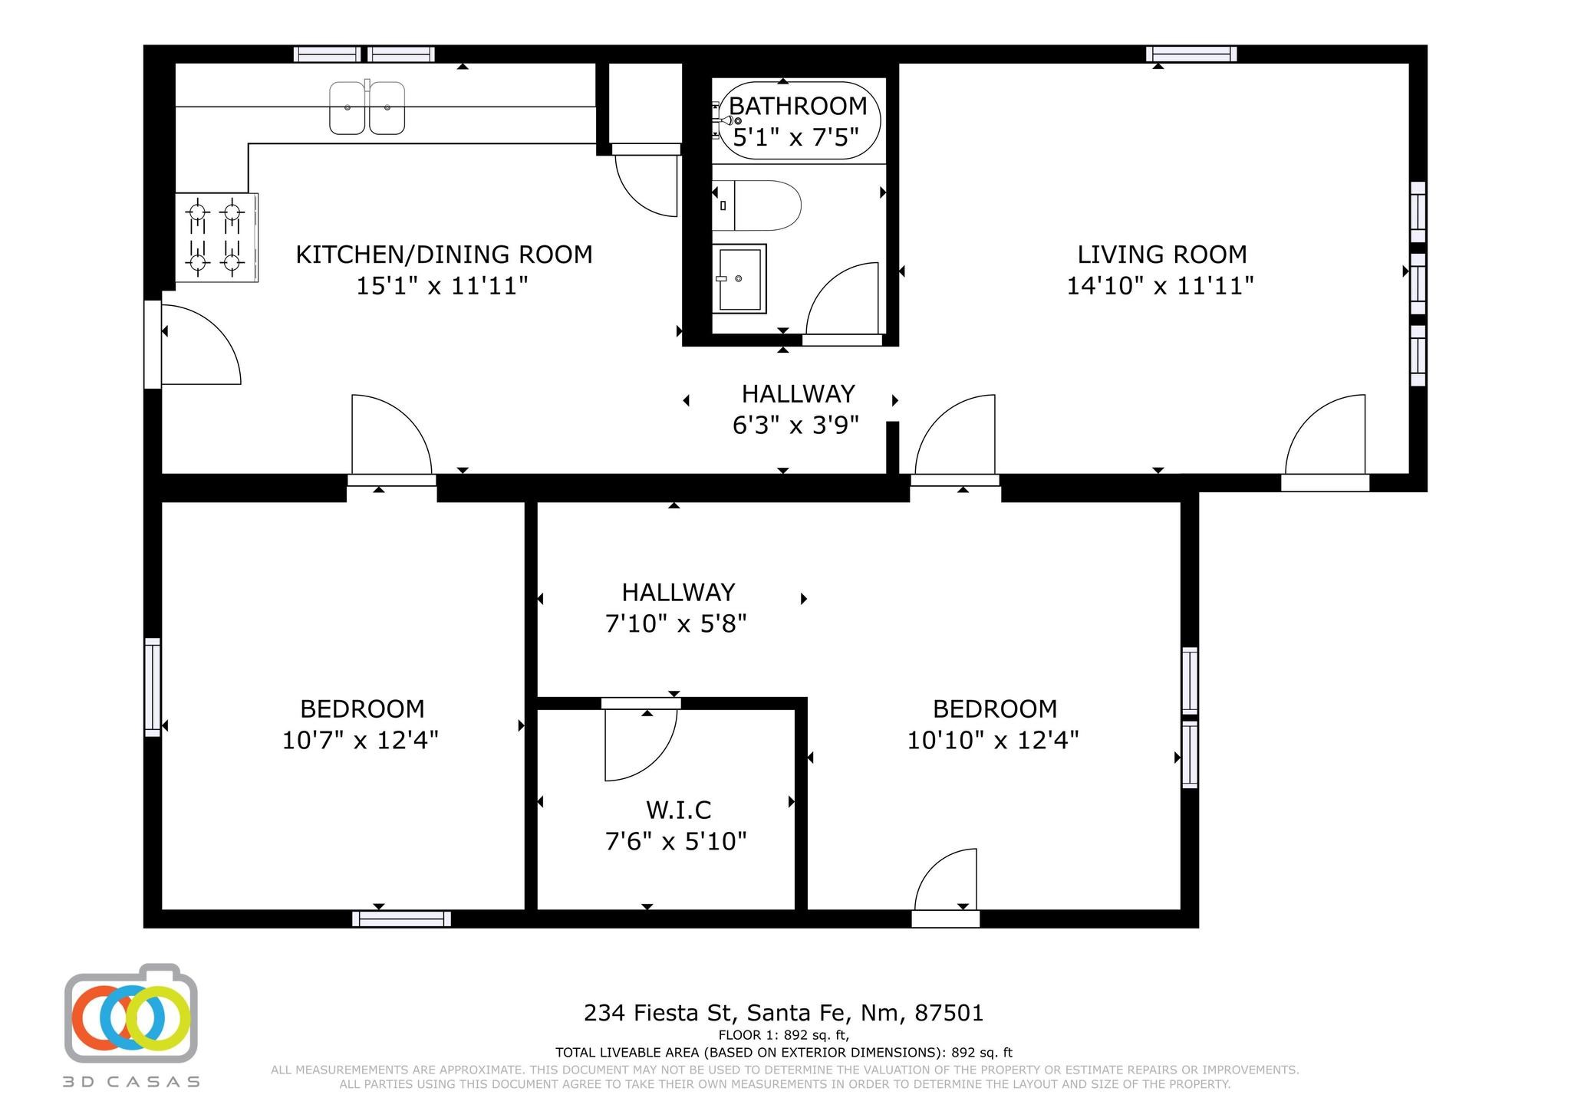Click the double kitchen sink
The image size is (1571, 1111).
367,107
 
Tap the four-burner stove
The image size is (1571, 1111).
216,237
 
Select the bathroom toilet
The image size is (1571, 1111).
756,205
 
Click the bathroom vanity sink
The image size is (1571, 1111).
739,278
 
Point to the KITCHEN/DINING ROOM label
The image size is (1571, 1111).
444,255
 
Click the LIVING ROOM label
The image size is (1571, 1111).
1162,255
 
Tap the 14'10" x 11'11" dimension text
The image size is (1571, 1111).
1160,286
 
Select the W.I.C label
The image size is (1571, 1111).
679,810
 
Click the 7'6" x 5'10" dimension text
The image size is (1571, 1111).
676,842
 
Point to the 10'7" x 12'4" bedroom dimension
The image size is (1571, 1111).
361,741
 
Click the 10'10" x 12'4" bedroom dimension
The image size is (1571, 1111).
993,741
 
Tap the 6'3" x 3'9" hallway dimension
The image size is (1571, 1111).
795,425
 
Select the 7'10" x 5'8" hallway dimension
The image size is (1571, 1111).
676,624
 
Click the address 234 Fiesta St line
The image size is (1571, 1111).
784,1014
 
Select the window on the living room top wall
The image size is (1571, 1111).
1191,54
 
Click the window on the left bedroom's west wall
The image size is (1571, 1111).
153,687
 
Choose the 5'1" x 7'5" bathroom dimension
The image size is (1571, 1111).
795,138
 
